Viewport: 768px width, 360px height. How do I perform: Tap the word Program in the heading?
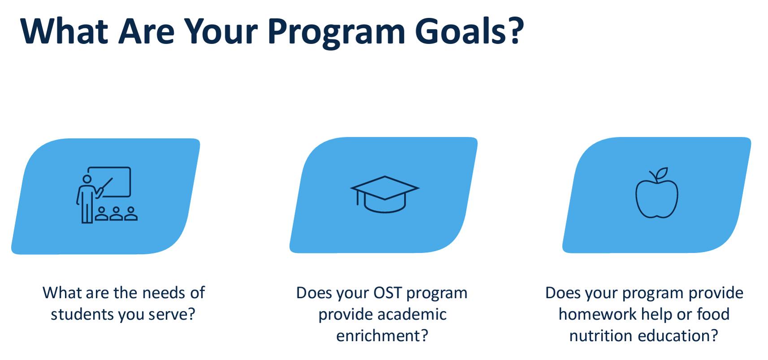pyautogui.click(x=336, y=32)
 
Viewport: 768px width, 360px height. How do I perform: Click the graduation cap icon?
pyautogui.click(x=385, y=194)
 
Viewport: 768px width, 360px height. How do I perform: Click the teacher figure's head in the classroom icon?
pyautogui.click(x=87, y=179)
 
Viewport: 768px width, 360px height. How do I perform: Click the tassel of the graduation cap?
pyautogui.click(x=357, y=198)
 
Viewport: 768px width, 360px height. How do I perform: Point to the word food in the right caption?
pyautogui.click(x=713, y=314)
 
